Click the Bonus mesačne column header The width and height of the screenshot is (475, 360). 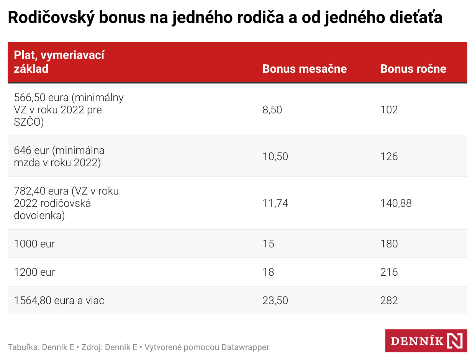click(305, 69)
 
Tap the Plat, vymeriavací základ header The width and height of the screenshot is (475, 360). click(59, 62)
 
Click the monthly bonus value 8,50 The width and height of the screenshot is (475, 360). click(272, 110)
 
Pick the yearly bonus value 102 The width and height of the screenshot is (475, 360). click(389, 110)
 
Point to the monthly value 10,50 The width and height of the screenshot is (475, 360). click(275, 156)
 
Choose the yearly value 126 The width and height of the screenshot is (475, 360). click(389, 156)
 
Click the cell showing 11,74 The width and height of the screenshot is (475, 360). click(275, 203)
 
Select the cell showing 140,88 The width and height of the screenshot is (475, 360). click(396, 203)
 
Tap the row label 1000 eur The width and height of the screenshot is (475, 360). click(34, 244)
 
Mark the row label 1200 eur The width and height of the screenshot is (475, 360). click(34, 272)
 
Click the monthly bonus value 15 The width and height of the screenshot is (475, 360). click(269, 244)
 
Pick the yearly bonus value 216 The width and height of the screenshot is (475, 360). click(389, 272)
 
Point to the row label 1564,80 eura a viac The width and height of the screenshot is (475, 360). click(59, 300)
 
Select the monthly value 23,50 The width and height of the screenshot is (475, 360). click(275, 300)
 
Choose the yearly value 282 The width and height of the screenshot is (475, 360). click(389, 300)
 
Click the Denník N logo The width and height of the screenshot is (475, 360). click(426, 340)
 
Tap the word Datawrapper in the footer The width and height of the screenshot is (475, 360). click(245, 347)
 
